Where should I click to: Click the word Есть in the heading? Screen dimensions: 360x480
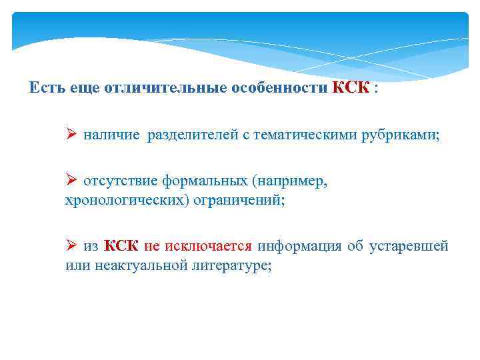tap(47, 89)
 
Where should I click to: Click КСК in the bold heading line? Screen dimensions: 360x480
tap(350, 89)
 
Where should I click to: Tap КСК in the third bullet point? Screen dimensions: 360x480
tap(121, 247)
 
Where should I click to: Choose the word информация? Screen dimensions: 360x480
tap(299, 247)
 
